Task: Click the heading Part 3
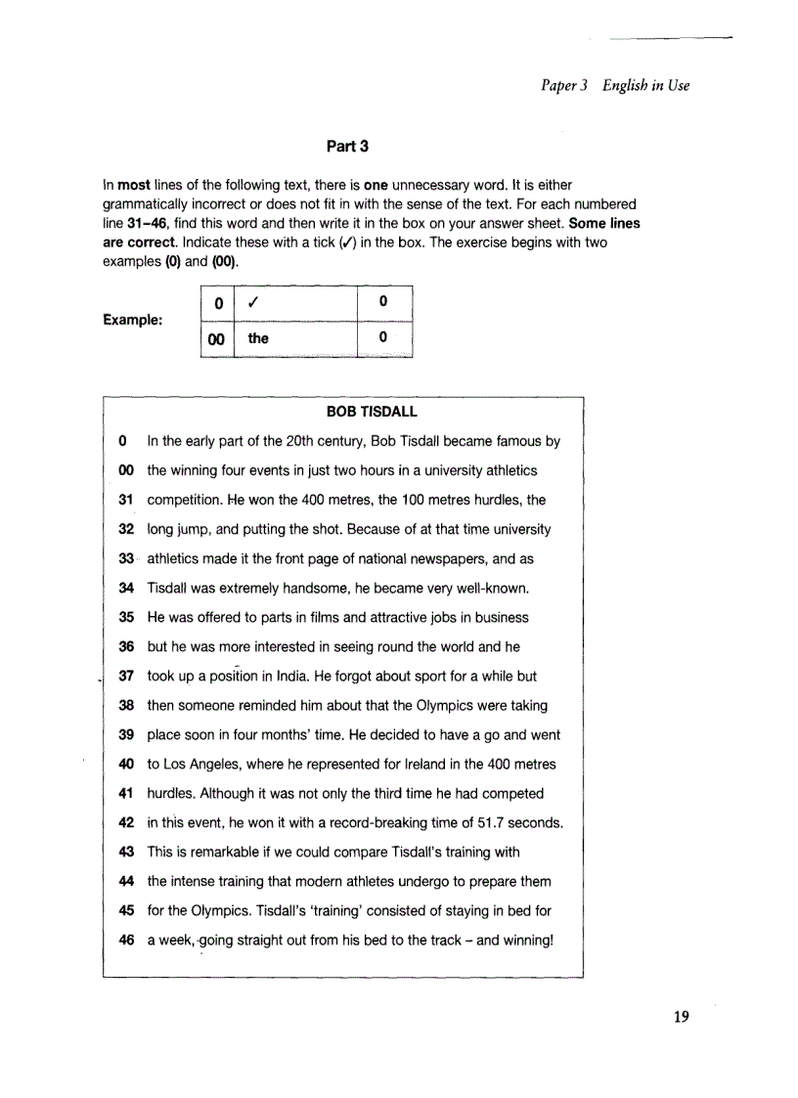[x=347, y=147]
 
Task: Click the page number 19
[x=682, y=1017]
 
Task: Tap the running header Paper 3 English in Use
[x=615, y=85]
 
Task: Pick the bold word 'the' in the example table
[x=258, y=338]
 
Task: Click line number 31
[x=124, y=500]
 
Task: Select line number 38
[x=124, y=705]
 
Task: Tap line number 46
[x=124, y=940]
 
